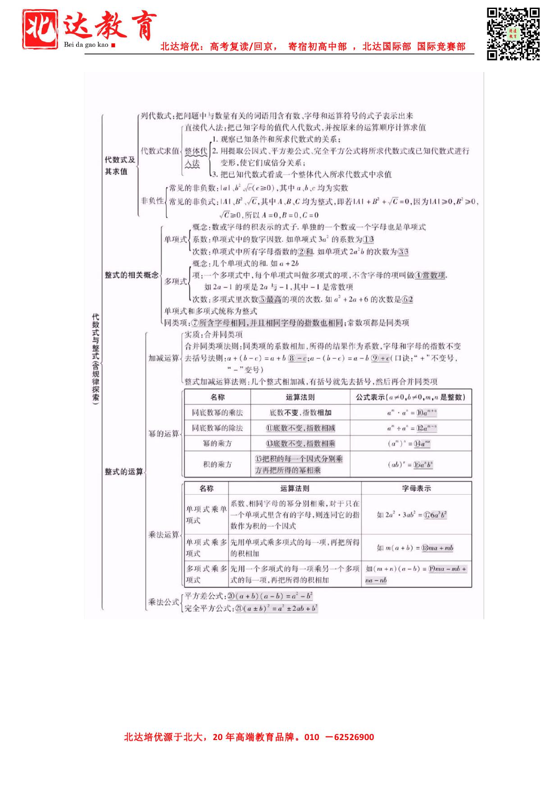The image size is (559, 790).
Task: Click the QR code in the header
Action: point(513,34)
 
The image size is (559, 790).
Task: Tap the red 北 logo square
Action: point(41,29)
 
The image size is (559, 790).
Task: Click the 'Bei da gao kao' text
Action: point(86,45)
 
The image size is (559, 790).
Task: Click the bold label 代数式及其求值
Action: point(119,166)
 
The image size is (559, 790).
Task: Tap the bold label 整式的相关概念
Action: point(132,275)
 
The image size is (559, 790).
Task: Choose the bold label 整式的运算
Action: point(123,472)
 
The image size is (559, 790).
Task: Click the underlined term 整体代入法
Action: point(196,157)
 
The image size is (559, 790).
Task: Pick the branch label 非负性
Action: point(152,201)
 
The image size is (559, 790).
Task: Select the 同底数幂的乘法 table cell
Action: point(217,412)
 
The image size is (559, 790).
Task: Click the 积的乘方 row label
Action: point(217,464)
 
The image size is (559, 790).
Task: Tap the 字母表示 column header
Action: point(416,488)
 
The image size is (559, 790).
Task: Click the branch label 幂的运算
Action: point(164,433)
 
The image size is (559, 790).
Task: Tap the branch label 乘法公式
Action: point(164,602)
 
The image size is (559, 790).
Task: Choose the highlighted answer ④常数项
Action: point(430,275)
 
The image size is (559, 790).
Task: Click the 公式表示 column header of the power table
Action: point(410,397)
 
